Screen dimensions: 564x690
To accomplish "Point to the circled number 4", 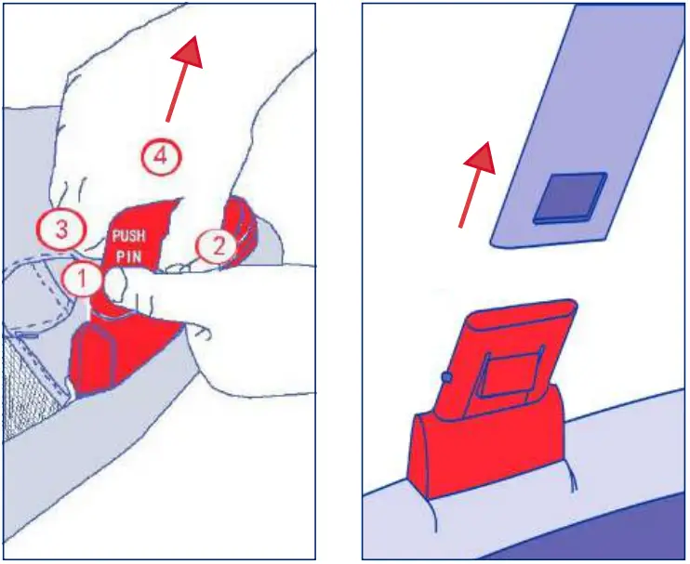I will (160, 158).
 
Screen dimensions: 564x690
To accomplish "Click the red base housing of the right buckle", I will (484, 455).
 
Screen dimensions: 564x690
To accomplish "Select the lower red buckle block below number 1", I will (98, 358).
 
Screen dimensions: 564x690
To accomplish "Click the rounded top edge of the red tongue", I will (521, 308).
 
